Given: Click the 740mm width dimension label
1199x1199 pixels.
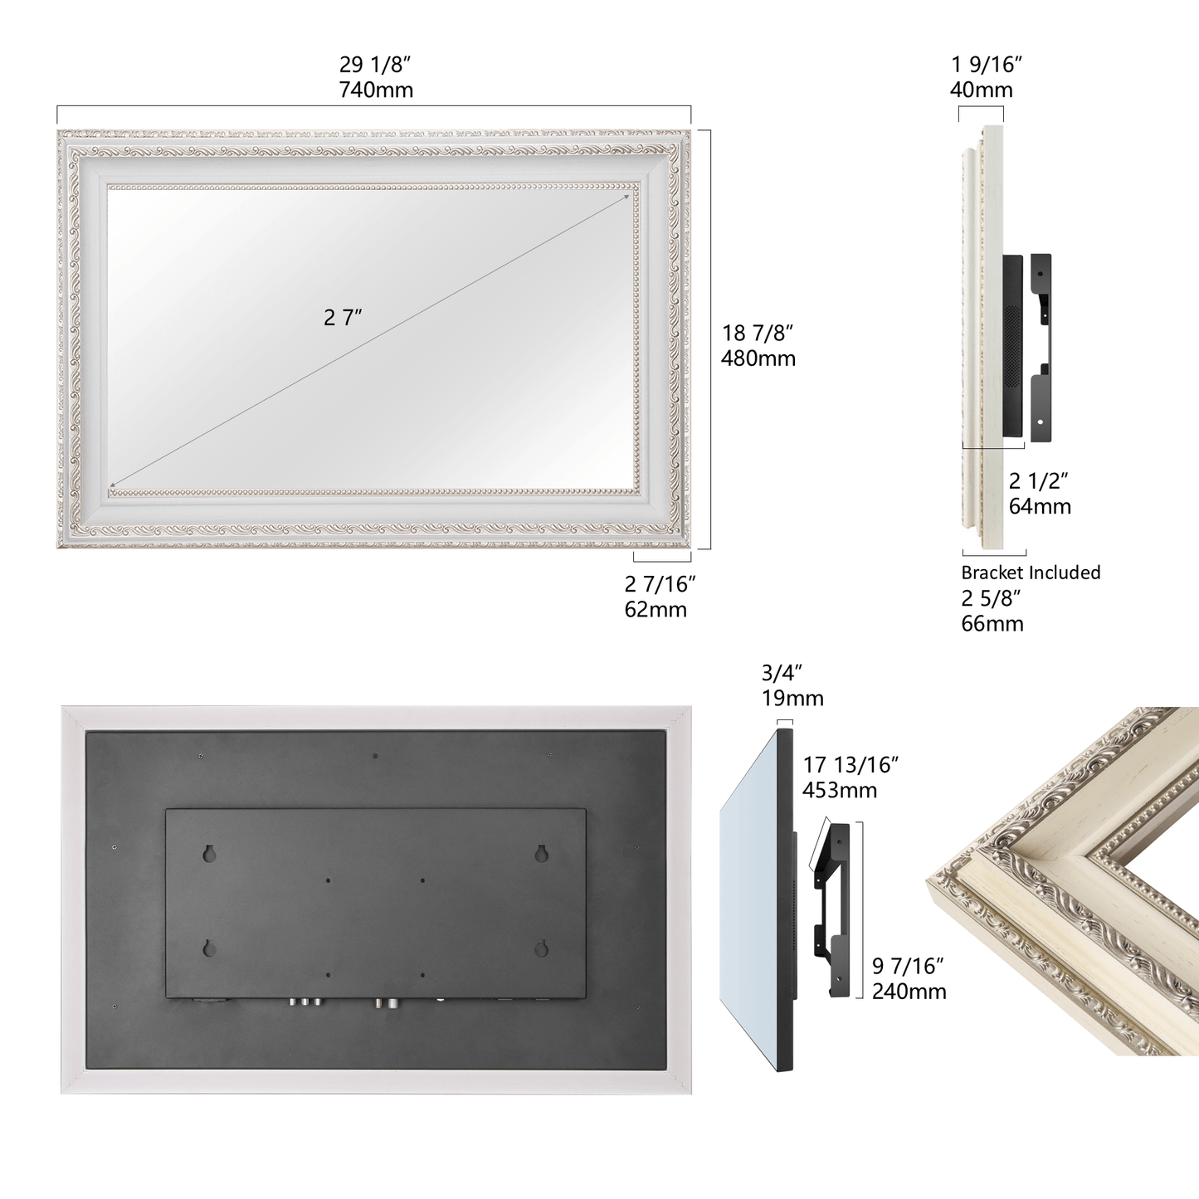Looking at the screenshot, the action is tap(376, 90).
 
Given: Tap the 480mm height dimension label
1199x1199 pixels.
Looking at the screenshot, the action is tap(758, 359).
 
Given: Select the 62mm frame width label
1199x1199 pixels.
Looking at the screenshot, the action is tap(656, 610).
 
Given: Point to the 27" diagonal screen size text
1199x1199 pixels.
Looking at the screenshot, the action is tap(342, 318).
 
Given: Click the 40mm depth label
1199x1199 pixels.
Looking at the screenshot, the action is tap(982, 90).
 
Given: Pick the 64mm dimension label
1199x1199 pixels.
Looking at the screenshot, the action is tap(1040, 506).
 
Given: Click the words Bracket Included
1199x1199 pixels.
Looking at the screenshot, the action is tap(1031, 573).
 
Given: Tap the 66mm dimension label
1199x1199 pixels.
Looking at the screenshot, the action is tap(992, 623).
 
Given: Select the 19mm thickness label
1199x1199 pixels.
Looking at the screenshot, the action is tap(792, 699).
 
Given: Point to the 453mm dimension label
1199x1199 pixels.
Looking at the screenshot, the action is tap(840, 790).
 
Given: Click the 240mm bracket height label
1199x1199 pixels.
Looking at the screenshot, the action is tap(909, 992).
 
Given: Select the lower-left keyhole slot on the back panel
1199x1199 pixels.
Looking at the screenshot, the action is tap(209, 948).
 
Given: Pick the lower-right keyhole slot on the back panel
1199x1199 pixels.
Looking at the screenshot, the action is tap(541, 948).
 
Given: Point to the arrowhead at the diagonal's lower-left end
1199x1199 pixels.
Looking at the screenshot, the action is tap(112, 485).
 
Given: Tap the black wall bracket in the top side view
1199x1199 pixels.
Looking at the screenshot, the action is tap(1041, 348).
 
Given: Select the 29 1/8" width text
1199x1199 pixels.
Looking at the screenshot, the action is tap(375, 65).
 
